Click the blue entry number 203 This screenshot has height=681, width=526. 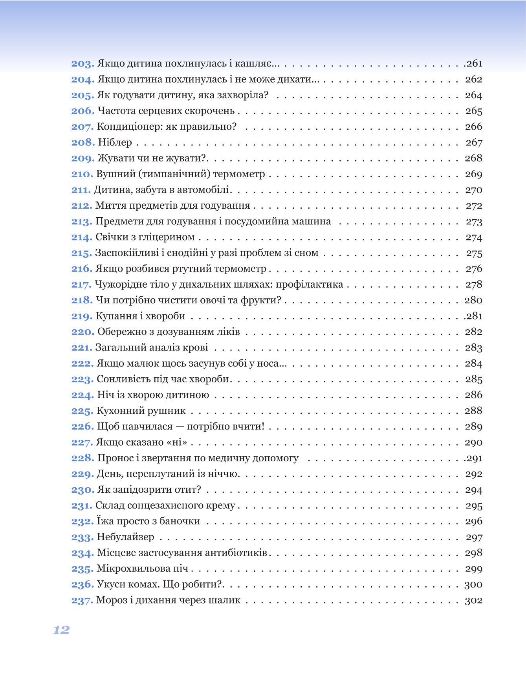pyautogui.click(x=82, y=64)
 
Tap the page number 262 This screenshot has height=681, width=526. pyautogui.click(x=473, y=79)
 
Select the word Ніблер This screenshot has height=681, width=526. pyautogui.click(x=115, y=142)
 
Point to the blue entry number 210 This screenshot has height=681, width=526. pyautogui.click(x=82, y=174)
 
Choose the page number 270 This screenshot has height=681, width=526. pyautogui.click(x=473, y=190)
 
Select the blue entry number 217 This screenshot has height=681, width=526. pyautogui.click(x=81, y=285)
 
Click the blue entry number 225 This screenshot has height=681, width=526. pyautogui.click(x=82, y=411)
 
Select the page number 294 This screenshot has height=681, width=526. pyautogui.click(x=473, y=490)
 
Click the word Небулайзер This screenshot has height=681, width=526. pyautogui.click(x=125, y=537)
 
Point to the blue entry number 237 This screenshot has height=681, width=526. pyautogui.click(x=82, y=600)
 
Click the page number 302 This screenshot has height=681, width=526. pyautogui.click(x=473, y=600)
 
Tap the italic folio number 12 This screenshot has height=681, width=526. pyautogui.click(x=61, y=630)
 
